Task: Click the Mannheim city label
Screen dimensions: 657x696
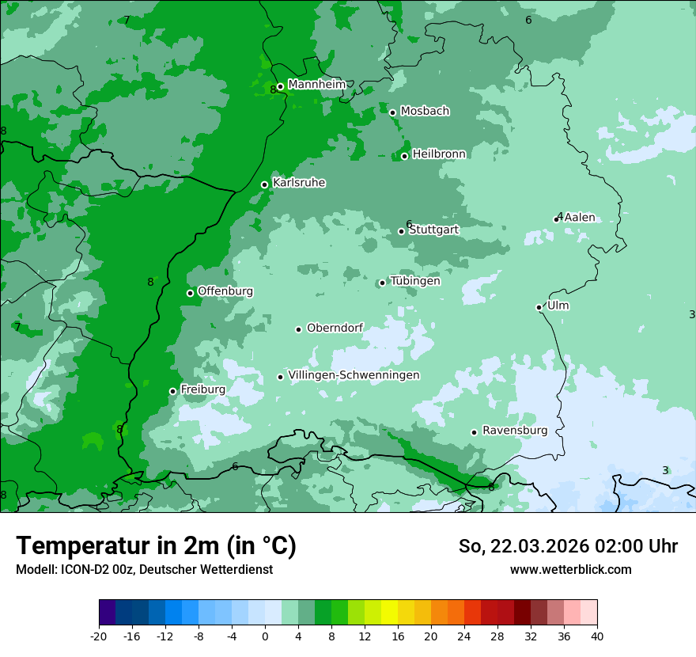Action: pos(316,85)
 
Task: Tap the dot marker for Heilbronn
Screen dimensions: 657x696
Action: pos(404,156)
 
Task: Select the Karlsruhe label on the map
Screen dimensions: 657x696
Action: pos(299,183)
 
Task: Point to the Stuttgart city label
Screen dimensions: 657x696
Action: pos(433,230)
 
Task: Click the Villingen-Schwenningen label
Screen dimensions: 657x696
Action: pos(354,375)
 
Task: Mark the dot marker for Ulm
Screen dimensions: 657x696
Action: pos(539,307)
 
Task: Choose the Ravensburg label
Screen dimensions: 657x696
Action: pos(515,431)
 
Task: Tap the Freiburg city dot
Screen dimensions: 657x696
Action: pos(172,391)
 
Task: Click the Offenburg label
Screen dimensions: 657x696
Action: pos(225,291)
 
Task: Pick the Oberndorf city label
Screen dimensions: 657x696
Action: pos(335,328)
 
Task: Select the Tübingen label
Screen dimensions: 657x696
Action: pos(415,281)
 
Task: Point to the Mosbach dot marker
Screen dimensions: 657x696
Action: pos(392,112)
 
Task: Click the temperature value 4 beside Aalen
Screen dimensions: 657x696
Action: pos(560,216)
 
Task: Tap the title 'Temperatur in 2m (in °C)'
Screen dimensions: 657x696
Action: pos(156,546)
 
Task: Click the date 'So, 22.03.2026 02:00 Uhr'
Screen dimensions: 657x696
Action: pos(568,546)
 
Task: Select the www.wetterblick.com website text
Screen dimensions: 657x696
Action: pos(570,569)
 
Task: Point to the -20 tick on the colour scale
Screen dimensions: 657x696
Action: pos(99,636)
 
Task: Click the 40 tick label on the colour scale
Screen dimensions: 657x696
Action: pos(597,636)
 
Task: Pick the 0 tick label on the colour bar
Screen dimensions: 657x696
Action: pos(265,636)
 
